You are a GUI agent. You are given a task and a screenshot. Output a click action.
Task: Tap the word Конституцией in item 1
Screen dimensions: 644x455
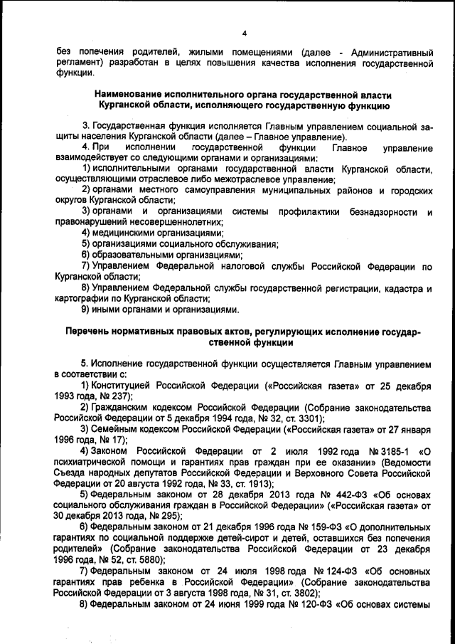pyautogui.click(x=123, y=385)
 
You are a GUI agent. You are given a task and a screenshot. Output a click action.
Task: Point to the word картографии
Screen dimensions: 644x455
pyautogui.click(x=80, y=299)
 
